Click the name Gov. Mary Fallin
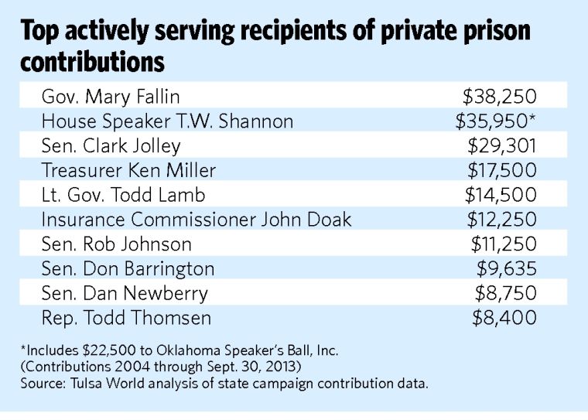[111, 97]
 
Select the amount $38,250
[499, 97]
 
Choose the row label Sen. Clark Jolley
[111, 145]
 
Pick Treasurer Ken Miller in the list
[128, 170]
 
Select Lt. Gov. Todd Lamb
[123, 195]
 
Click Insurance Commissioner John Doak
[197, 220]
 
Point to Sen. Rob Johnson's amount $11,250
[504, 244]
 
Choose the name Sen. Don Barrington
[128, 269]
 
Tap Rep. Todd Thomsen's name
[126, 318]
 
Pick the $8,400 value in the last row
[505, 318]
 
